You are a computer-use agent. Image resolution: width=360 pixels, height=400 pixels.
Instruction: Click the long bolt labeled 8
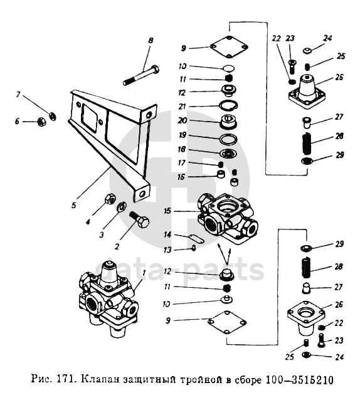pos(141,75)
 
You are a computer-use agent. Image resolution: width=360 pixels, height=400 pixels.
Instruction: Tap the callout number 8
pos(151,40)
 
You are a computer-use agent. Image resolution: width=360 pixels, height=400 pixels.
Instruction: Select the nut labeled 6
pos(40,122)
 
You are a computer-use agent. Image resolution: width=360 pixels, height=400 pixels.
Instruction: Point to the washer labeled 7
pos(52,117)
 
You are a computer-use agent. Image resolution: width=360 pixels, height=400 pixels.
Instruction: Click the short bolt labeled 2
pos(139,220)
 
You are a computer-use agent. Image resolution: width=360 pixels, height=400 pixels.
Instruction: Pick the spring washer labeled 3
pos(121,207)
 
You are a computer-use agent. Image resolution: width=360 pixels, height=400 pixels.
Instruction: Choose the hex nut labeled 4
pos(110,199)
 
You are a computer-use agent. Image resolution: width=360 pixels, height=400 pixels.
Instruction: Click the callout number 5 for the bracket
pos(74,205)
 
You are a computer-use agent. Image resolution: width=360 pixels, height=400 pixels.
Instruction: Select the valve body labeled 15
pos(227,217)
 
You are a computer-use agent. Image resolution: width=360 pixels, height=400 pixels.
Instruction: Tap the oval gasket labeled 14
pos(196,239)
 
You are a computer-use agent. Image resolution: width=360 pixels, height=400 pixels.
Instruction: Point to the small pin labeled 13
pos(194,248)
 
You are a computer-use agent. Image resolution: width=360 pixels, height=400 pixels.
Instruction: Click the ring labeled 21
pos(228,105)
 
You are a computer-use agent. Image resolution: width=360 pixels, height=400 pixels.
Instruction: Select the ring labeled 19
pos(228,139)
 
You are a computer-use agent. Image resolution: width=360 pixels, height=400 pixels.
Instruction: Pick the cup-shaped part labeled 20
pos(228,122)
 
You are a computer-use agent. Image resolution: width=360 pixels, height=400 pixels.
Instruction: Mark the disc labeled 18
pos(228,154)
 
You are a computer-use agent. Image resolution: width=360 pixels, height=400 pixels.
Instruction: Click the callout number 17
pos(181,163)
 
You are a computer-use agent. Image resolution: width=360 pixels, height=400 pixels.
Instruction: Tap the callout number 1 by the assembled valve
pos(144,273)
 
